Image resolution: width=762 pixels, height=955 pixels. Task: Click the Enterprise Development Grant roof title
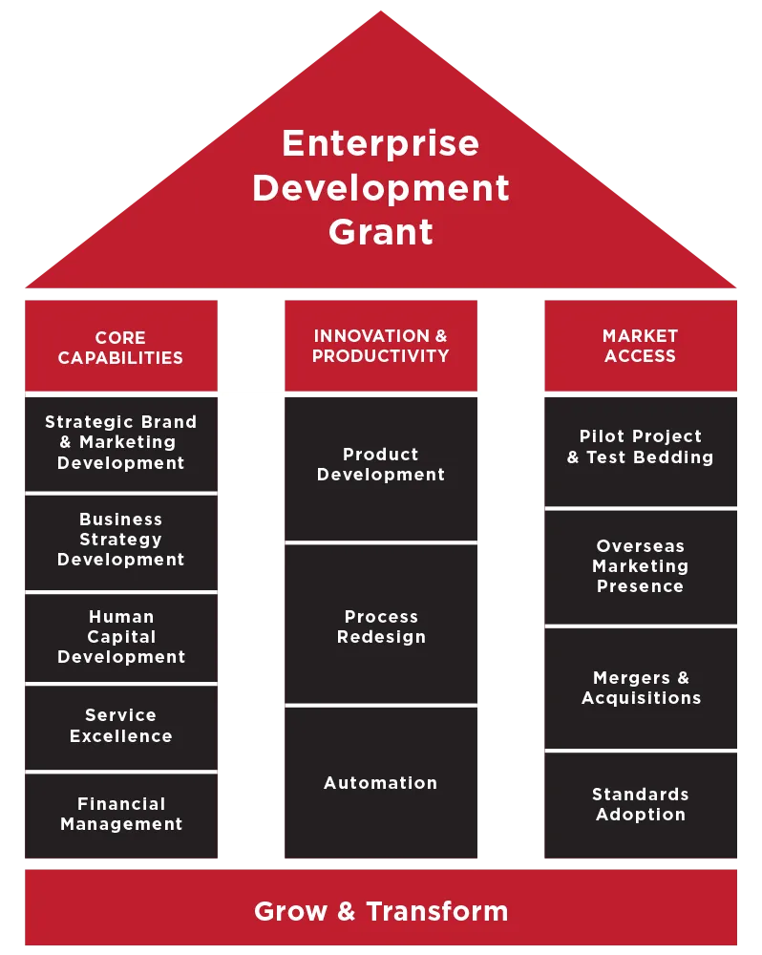point(380,187)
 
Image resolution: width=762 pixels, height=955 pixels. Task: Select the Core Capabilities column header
point(120,347)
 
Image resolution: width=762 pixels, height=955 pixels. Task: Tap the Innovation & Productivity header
point(380,346)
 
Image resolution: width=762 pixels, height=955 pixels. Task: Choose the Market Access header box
point(640,346)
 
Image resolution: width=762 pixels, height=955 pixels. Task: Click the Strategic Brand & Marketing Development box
point(120,442)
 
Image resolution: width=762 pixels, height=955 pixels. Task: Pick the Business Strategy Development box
point(120,540)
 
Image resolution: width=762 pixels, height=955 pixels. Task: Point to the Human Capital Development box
point(120,637)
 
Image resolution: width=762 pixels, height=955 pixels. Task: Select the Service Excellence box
point(120,726)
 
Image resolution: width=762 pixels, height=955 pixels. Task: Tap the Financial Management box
point(120,814)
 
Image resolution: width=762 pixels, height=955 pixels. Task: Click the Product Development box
point(380,465)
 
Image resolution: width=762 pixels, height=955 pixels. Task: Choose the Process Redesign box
point(380,626)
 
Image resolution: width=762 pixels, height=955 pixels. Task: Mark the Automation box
point(380,783)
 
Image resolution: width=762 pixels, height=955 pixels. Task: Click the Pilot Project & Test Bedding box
point(640,447)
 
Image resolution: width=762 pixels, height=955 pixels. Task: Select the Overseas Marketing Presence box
point(640,566)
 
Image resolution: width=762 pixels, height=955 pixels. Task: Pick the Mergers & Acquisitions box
point(640,688)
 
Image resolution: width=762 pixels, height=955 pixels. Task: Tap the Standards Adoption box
point(640,804)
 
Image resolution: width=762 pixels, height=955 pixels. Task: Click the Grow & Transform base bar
point(380,910)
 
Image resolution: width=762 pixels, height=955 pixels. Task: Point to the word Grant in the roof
point(380,232)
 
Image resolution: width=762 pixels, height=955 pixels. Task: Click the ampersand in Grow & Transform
point(346,911)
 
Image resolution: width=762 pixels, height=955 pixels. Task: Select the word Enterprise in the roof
point(380,143)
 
